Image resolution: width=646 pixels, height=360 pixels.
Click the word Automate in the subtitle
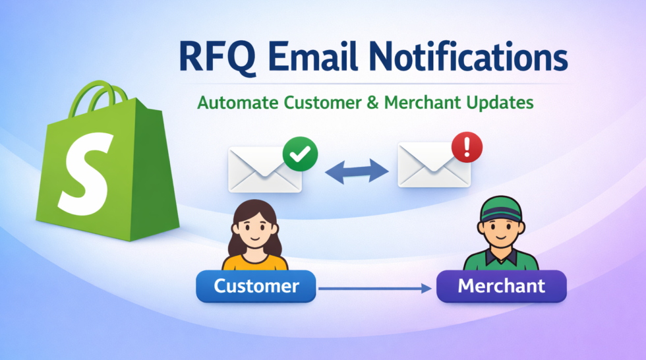click(238, 104)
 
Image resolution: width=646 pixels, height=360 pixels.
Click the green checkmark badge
click(300, 154)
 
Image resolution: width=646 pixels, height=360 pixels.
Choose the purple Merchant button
click(502, 286)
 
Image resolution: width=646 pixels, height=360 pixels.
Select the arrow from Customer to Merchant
click(376, 287)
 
